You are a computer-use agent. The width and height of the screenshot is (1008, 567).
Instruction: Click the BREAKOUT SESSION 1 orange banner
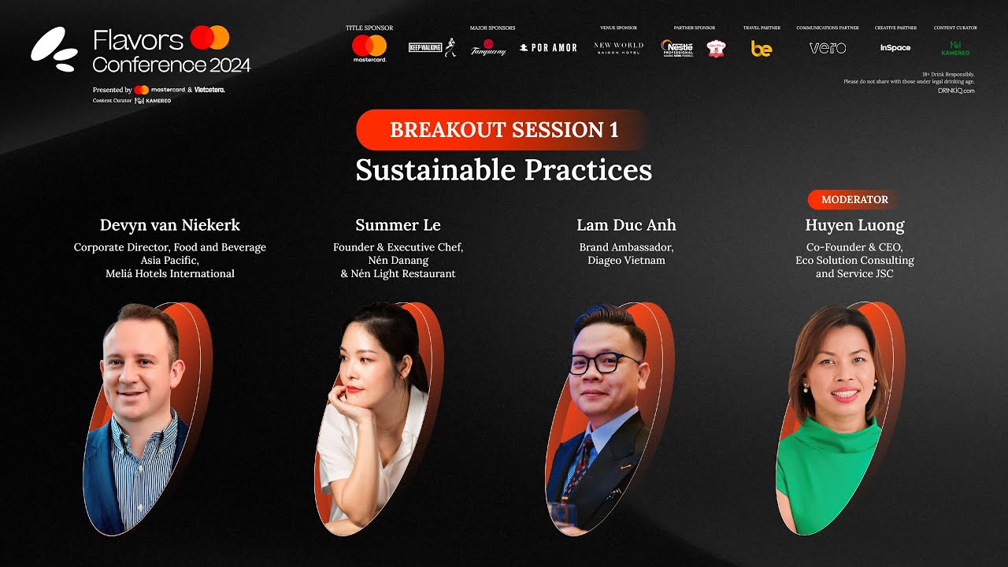504,130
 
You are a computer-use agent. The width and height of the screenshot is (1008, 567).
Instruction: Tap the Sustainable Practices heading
504,170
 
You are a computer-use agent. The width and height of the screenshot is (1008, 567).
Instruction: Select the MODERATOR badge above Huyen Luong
854,199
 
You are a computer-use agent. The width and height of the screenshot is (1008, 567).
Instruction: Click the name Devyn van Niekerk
170,225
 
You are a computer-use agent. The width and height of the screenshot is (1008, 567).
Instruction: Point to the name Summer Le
398,225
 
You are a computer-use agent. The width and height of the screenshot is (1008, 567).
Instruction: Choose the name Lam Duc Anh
626,225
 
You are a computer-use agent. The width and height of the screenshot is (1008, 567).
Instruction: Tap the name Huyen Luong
854,225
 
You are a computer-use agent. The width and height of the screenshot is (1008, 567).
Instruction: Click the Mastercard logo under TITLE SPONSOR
369,47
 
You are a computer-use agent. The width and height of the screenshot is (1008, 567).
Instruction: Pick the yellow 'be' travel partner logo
762,49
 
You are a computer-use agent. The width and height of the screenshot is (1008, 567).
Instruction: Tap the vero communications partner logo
828,48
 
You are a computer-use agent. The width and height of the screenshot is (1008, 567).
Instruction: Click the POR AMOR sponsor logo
549,48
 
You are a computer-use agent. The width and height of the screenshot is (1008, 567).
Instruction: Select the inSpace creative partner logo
895,48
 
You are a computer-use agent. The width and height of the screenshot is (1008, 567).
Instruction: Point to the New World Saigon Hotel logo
618,48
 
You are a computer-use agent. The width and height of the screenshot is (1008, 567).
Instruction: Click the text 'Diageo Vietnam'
626,261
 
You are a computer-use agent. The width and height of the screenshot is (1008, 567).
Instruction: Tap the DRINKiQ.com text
956,91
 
